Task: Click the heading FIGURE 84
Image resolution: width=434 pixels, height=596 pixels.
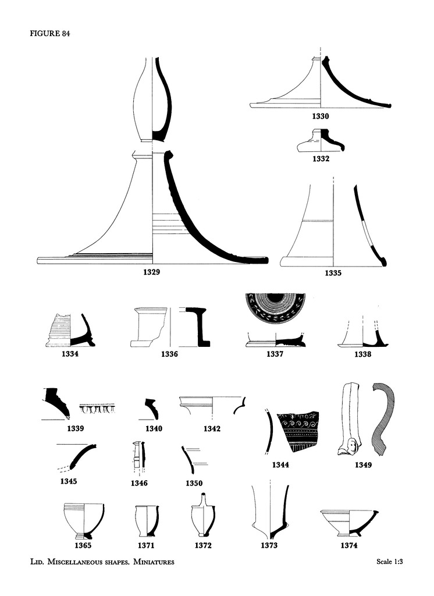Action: coord(50,33)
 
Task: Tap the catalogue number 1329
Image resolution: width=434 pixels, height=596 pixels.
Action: coord(152,272)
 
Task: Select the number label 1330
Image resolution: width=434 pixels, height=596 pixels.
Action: coord(321,116)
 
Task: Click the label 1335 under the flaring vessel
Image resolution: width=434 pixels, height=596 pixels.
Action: coord(333,272)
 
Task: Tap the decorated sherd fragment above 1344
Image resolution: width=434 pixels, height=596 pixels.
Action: coord(298,431)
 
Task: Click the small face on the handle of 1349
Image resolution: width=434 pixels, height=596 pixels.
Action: coord(351,447)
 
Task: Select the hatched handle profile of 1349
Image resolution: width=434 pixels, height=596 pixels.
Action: coord(383,418)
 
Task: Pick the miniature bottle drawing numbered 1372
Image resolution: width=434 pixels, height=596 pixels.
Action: coord(203,517)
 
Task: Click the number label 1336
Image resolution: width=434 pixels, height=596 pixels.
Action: coord(169,354)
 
